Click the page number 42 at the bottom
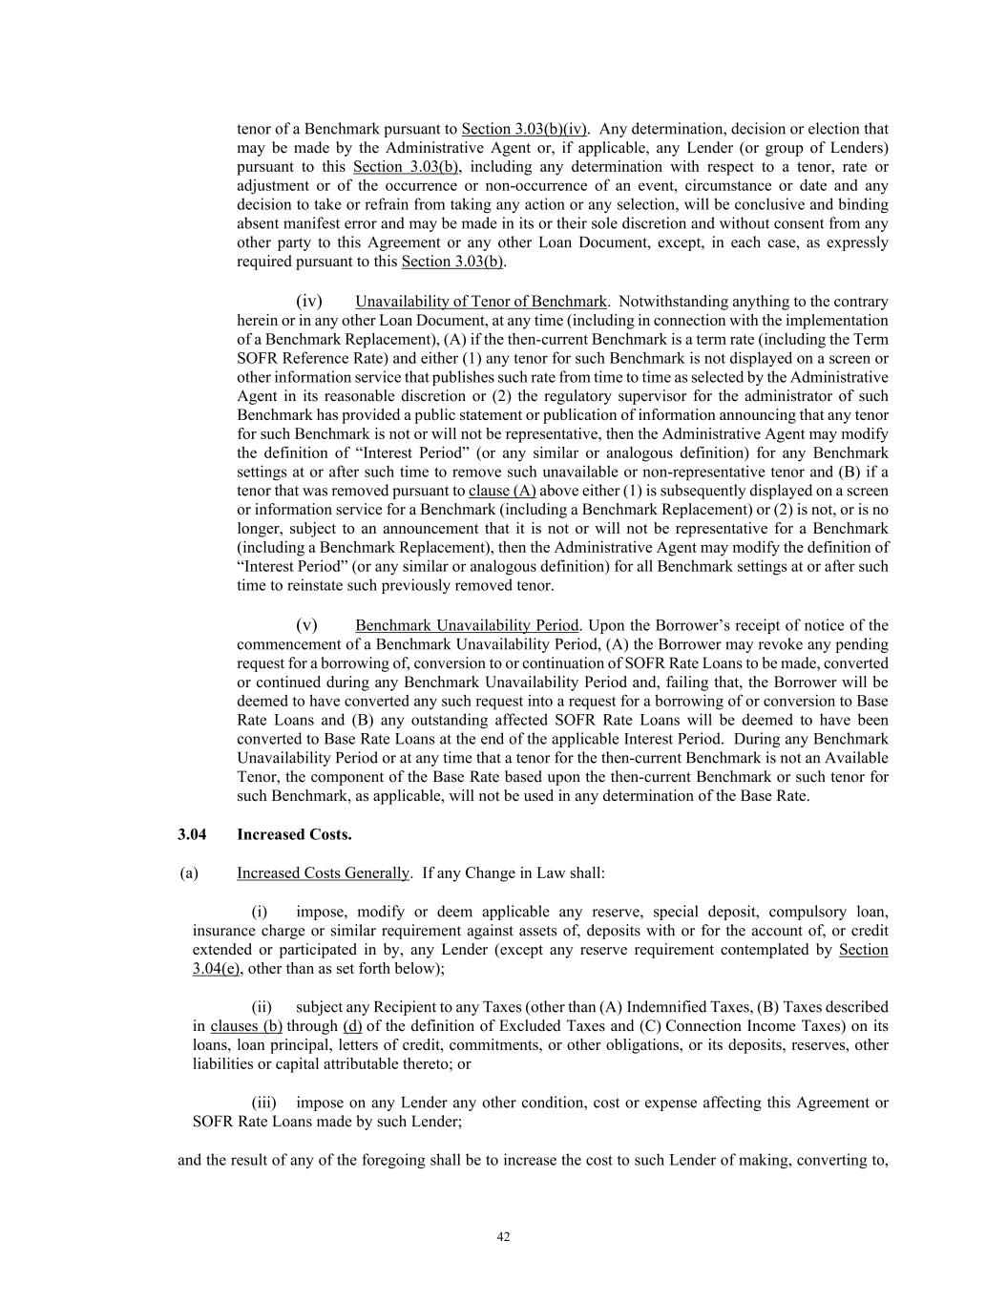[503, 1237]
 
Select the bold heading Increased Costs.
[294, 834]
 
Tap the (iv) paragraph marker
[309, 302]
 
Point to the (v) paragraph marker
[306, 625]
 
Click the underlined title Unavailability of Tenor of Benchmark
[480, 302]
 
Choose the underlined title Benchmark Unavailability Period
[467, 625]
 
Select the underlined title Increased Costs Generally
[323, 872]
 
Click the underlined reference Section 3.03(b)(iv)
[524, 129]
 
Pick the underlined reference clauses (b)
[246, 1026]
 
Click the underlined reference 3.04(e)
[216, 968]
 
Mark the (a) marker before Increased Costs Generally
[189, 872]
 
